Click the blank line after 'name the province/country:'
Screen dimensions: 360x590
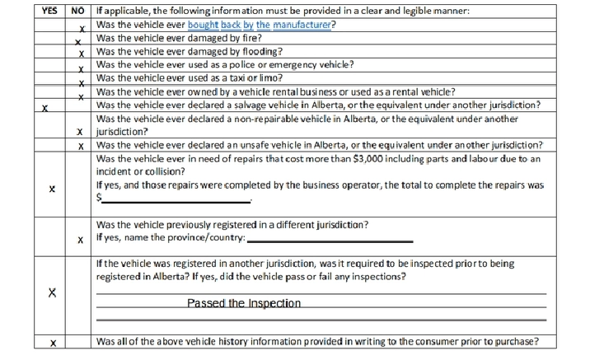point(330,241)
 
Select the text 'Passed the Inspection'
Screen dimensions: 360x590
point(243,303)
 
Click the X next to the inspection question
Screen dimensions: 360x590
point(52,293)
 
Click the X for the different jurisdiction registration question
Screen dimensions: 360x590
point(80,241)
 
